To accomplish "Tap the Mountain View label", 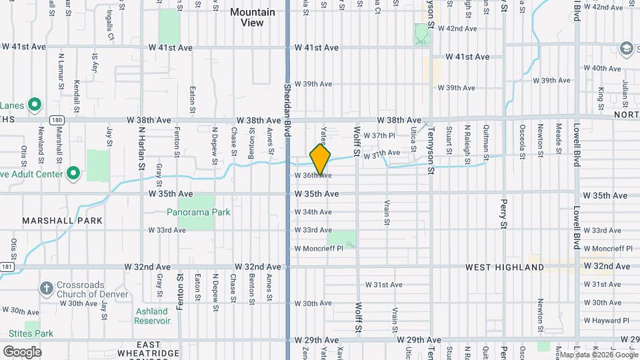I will [x=252, y=17].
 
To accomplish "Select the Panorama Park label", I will [x=198, y=212].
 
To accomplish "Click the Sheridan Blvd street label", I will [x=288, y=110].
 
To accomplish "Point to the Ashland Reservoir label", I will [x=152, y=315].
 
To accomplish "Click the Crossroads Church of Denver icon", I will [x=46, y=289].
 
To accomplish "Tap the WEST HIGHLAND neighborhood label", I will [x=505, y=267].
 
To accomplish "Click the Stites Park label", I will [x=31, y=333].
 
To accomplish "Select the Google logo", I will [x=22, y=352].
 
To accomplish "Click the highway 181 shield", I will [x=7, y=267].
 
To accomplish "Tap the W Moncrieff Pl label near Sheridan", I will [x=319, y=248].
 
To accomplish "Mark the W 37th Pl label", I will [x=383, y=135].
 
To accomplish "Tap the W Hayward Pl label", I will [x=607, y=321].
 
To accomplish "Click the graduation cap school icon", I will [x=627, y=48].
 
